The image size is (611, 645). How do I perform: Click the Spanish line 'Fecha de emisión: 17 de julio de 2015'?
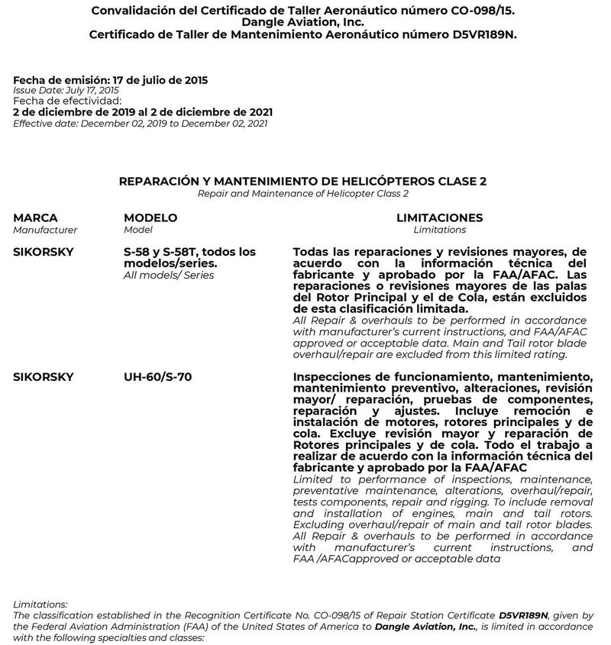[x=111, y=79]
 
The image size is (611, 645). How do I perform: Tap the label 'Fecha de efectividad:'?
[x=67, y=101]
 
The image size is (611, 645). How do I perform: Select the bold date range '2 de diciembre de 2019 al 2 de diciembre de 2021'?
[x=142, y=111]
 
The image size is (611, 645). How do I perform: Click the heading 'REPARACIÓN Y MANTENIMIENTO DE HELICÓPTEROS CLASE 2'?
[x=303, y=182]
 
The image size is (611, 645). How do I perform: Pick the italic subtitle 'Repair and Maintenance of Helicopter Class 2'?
[x=303, y=194]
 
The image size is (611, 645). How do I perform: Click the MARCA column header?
[x=35, y=218]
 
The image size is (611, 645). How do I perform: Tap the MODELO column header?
[x=150, y=218]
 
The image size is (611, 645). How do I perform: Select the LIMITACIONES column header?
[x=439, y=218]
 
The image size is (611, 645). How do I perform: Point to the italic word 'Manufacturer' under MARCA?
[x=45, y=230]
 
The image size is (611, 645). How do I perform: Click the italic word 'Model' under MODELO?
[x=138, y=230]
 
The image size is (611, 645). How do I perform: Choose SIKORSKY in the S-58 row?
[x=43, y=252]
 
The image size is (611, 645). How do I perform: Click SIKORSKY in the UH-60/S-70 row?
[x=43, y=377]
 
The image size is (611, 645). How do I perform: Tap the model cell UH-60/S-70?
[x=157, y=377]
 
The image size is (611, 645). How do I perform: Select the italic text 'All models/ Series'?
[x=169, y=275]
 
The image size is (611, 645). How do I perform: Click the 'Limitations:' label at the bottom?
[x=40, y=605]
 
